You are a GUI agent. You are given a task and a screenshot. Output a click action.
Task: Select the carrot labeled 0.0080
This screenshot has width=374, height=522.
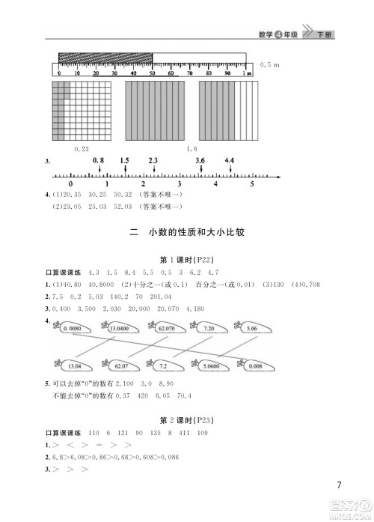click(x=72, y=328)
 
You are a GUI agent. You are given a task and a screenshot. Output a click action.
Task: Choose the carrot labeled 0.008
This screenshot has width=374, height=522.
click(x=254, y=366)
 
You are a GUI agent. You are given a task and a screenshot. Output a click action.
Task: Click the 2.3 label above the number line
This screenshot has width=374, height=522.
click(x=153, y=161)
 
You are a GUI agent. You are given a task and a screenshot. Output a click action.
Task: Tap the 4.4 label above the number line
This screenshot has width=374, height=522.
click(x=229, y=161)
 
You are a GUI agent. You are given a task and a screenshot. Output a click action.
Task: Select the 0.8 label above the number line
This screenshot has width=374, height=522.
click(x=98, y=161)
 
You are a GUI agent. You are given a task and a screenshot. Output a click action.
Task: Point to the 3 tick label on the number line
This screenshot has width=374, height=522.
click(x=179, y=183)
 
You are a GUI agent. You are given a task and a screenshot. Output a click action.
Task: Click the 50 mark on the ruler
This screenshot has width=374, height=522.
click(x=153, y=74)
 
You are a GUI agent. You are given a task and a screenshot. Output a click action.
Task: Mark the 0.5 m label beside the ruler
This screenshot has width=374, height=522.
click(x=270, y=67)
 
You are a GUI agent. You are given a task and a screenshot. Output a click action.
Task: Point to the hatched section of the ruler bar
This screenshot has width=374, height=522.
click(x=105, y=58)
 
